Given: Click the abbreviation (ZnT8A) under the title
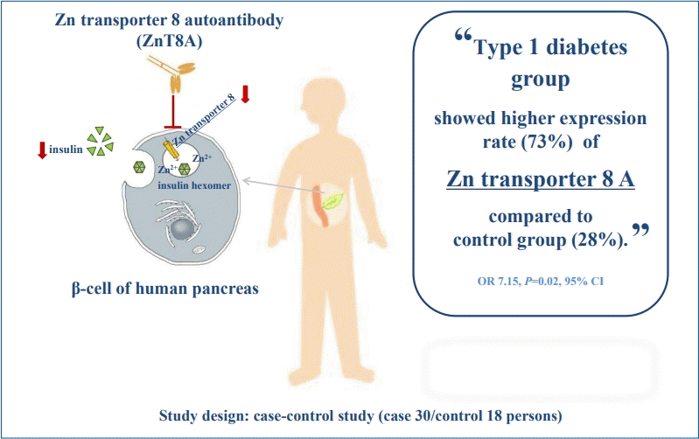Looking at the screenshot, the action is (170, 41).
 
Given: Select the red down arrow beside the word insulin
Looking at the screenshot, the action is (42, 150).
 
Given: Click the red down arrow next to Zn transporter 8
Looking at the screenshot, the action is (245, 94).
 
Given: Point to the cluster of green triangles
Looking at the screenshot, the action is (101, 142).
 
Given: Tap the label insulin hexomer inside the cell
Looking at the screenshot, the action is (194, 185).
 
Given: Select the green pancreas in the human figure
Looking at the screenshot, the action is (332, 201).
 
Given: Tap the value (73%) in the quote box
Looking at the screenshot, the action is (547, 143).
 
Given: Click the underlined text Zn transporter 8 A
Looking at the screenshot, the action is (541, 179).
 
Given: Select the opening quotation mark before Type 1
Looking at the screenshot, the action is (463, 36).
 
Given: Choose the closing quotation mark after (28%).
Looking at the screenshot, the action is (640, 231).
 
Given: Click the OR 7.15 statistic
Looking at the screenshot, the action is (498, 282).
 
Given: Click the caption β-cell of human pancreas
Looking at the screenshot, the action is (165, 289).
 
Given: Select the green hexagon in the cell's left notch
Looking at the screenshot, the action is (139, 167).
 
